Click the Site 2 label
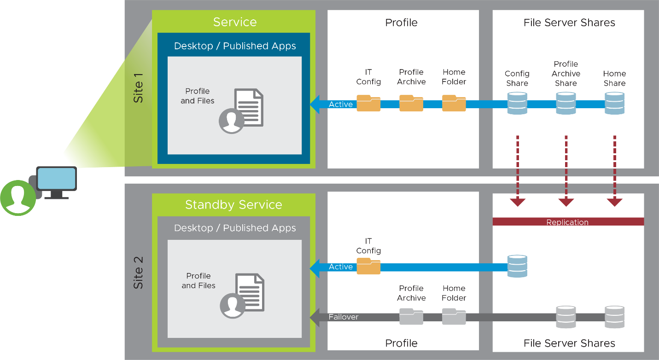tap(138, 273)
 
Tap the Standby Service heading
tap(233, 205)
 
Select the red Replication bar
tap(568, 222)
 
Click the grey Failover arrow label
tap(343, 317)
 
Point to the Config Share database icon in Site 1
tap(517, 103)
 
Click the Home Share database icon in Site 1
tap(614, 103)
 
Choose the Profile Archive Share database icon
tap(566, 103)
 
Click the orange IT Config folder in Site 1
tap(368, 103)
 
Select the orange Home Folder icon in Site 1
tap(454, 103)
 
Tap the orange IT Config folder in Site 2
tap(368, 266)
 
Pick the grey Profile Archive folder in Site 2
tap(411, 317)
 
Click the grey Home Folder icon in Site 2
tap(454, 317)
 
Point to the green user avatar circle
tap(18, 198)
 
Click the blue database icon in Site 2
tap(517, 266)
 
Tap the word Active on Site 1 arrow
tap(341, 105)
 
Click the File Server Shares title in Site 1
tap(569, 23)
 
